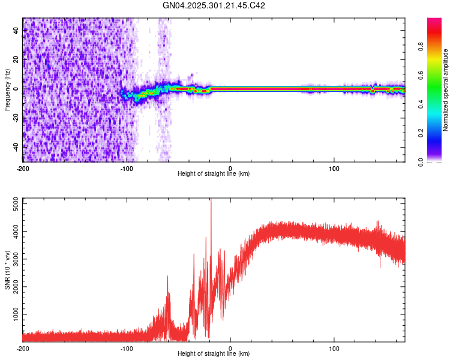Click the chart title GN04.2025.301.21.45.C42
214,5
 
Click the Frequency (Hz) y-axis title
7,90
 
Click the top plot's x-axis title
214,174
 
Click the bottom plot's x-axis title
214,354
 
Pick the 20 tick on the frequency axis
16,59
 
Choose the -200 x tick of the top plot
23,167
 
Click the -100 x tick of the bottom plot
127,348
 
